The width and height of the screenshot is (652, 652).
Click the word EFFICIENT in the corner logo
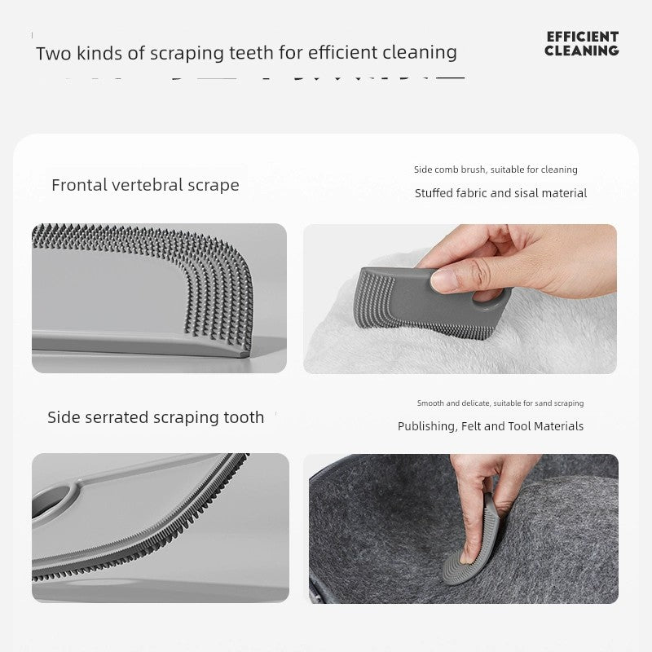pos(582,37)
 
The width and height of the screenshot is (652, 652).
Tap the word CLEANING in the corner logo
pos(582,51)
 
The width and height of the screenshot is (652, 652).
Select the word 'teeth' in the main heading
pos(252,53)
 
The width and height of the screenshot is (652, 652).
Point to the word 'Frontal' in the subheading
pos(78,185)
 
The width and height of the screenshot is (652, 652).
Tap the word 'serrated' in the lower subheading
pos(117,417)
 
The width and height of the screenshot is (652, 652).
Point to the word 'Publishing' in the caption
pos(427,426)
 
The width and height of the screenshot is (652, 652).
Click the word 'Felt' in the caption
pos(471,425)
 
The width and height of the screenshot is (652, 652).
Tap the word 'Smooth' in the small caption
pos(430,403)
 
